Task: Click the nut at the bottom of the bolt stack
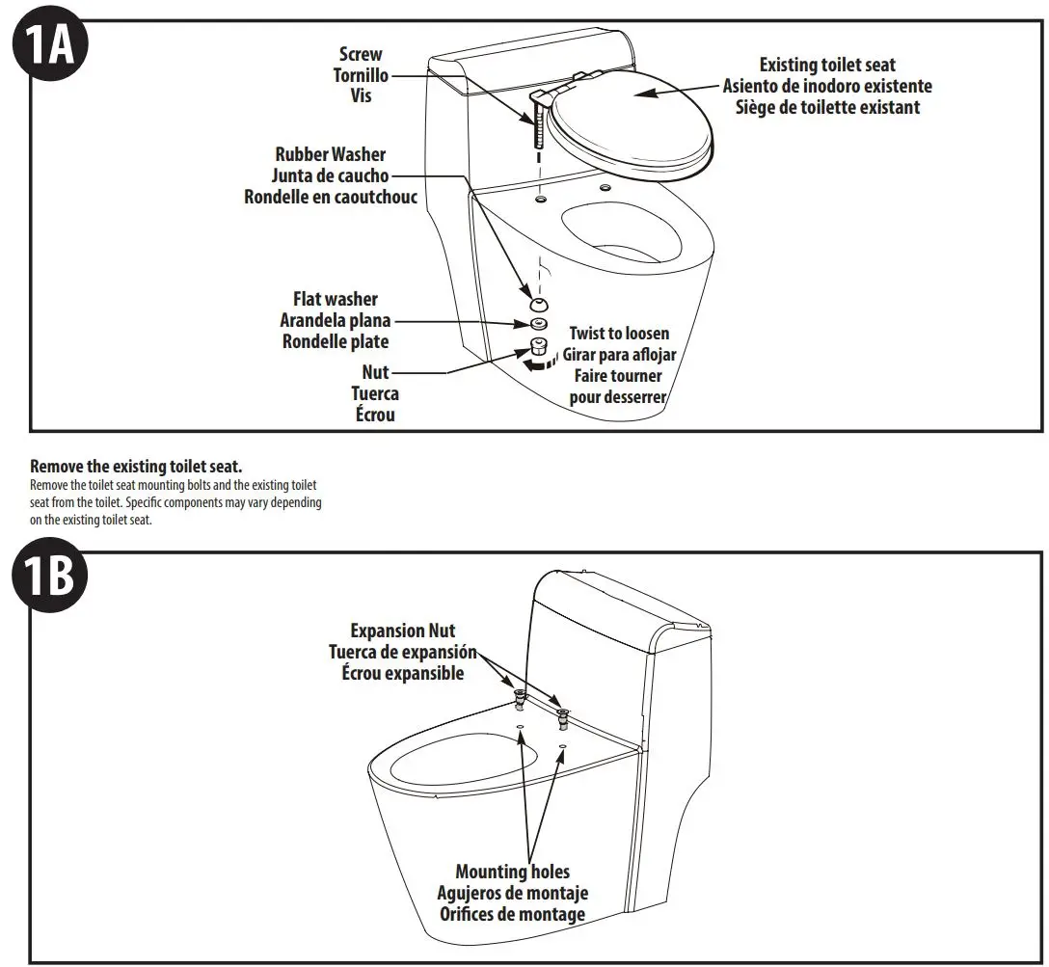538,347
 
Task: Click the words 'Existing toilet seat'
827,66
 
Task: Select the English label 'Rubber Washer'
330,154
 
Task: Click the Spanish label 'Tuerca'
375,393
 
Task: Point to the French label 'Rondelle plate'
335,341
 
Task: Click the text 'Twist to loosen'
619,334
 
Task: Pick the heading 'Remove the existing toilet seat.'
136,467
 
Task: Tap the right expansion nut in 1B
563,715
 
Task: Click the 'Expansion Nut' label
402,631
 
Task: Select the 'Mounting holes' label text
512,873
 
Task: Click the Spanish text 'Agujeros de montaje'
512,893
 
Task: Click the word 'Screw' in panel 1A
361,55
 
